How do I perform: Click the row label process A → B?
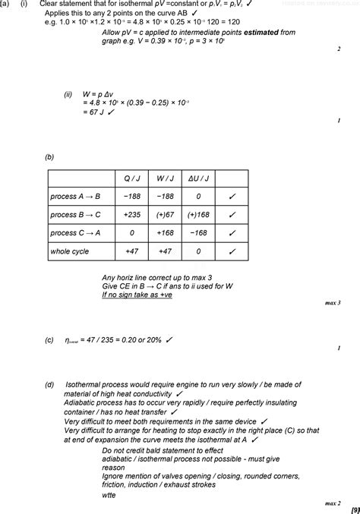[x=76, y=196]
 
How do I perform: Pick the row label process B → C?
[x=76, y=214]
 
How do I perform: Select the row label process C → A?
[x=76, y=232]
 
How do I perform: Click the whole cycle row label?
[x=69, y=251]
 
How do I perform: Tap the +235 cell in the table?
[x=131, y=214]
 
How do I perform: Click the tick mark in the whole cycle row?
[x=232, y=251]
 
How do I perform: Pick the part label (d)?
[x=49, y=384]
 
